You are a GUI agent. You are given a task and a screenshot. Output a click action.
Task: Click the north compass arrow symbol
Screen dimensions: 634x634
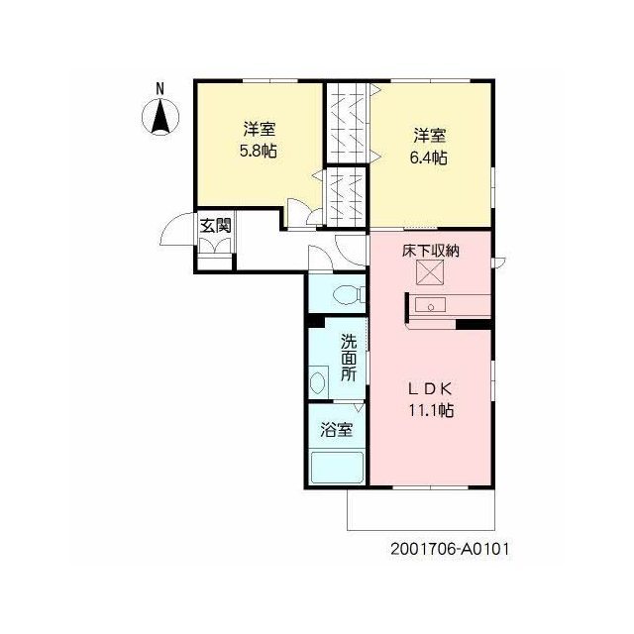(160, 117)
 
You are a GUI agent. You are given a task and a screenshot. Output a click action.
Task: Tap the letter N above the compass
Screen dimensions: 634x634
(160, 89)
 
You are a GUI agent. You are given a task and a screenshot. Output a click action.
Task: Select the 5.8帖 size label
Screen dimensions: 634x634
(259, 151)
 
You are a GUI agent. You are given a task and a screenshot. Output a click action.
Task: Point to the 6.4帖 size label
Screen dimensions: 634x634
(429, 158)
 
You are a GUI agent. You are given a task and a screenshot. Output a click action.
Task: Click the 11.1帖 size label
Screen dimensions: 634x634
(431, 410)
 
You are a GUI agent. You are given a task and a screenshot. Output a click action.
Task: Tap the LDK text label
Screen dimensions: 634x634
(430, 389)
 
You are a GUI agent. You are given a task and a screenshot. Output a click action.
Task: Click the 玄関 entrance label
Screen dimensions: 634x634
(216, 226)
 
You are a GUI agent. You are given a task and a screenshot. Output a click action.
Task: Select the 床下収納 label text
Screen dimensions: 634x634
(431, 251)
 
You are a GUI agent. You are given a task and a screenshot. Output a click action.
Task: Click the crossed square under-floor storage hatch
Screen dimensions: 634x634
(430, 272)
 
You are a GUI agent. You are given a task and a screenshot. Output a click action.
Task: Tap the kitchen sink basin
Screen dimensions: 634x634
(431, 305)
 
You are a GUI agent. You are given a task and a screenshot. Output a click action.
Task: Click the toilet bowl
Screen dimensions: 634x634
(348, 294)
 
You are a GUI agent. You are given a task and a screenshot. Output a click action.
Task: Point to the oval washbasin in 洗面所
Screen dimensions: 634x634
(317, 382)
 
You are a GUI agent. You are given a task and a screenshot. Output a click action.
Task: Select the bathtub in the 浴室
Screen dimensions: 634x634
(337, 468)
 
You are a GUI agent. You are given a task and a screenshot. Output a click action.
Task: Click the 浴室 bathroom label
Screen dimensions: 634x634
(337, 429)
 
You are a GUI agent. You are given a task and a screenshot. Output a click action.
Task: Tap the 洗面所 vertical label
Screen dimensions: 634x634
(348, 358)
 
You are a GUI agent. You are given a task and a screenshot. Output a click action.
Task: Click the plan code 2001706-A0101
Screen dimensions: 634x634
(450, 549)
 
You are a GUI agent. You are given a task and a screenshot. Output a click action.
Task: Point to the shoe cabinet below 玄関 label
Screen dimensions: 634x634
(216, 246)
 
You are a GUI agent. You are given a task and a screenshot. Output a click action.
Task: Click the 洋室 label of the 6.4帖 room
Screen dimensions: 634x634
(429, 136)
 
